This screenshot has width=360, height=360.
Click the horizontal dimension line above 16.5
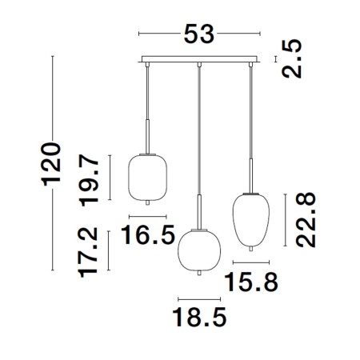(147, 217)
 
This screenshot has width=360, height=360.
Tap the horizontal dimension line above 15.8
(250, 262)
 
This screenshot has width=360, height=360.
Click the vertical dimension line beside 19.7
(111, 178)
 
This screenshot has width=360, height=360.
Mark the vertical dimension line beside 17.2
(111, 251)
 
